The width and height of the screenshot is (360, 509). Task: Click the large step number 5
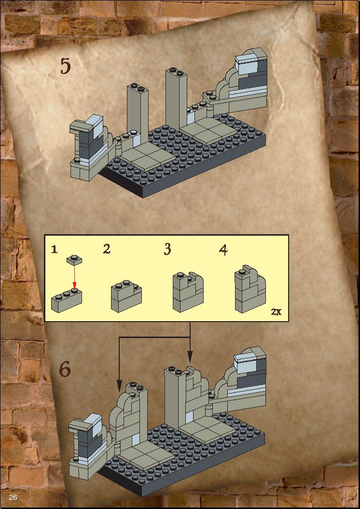click(65, 66)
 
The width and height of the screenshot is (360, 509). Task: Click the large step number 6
click(65, 369)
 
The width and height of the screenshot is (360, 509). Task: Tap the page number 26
click(13, 497)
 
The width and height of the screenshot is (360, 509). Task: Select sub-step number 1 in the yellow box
click(54, 249)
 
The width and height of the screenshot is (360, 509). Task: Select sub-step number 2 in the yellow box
click(107, 249)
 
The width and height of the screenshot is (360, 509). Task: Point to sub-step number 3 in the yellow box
click(167, 249)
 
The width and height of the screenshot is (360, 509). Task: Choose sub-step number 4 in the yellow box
click(223, 250)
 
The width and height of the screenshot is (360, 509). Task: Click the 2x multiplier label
click(276, 312)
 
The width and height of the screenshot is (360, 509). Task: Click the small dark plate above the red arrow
click(74, 260)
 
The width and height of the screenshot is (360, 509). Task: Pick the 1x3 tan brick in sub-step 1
click(67, 300)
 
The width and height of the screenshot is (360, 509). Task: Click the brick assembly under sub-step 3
click(188, 292)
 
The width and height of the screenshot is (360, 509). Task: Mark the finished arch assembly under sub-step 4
click(250, 289)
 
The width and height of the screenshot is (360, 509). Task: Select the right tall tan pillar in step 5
click(176, 98)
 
